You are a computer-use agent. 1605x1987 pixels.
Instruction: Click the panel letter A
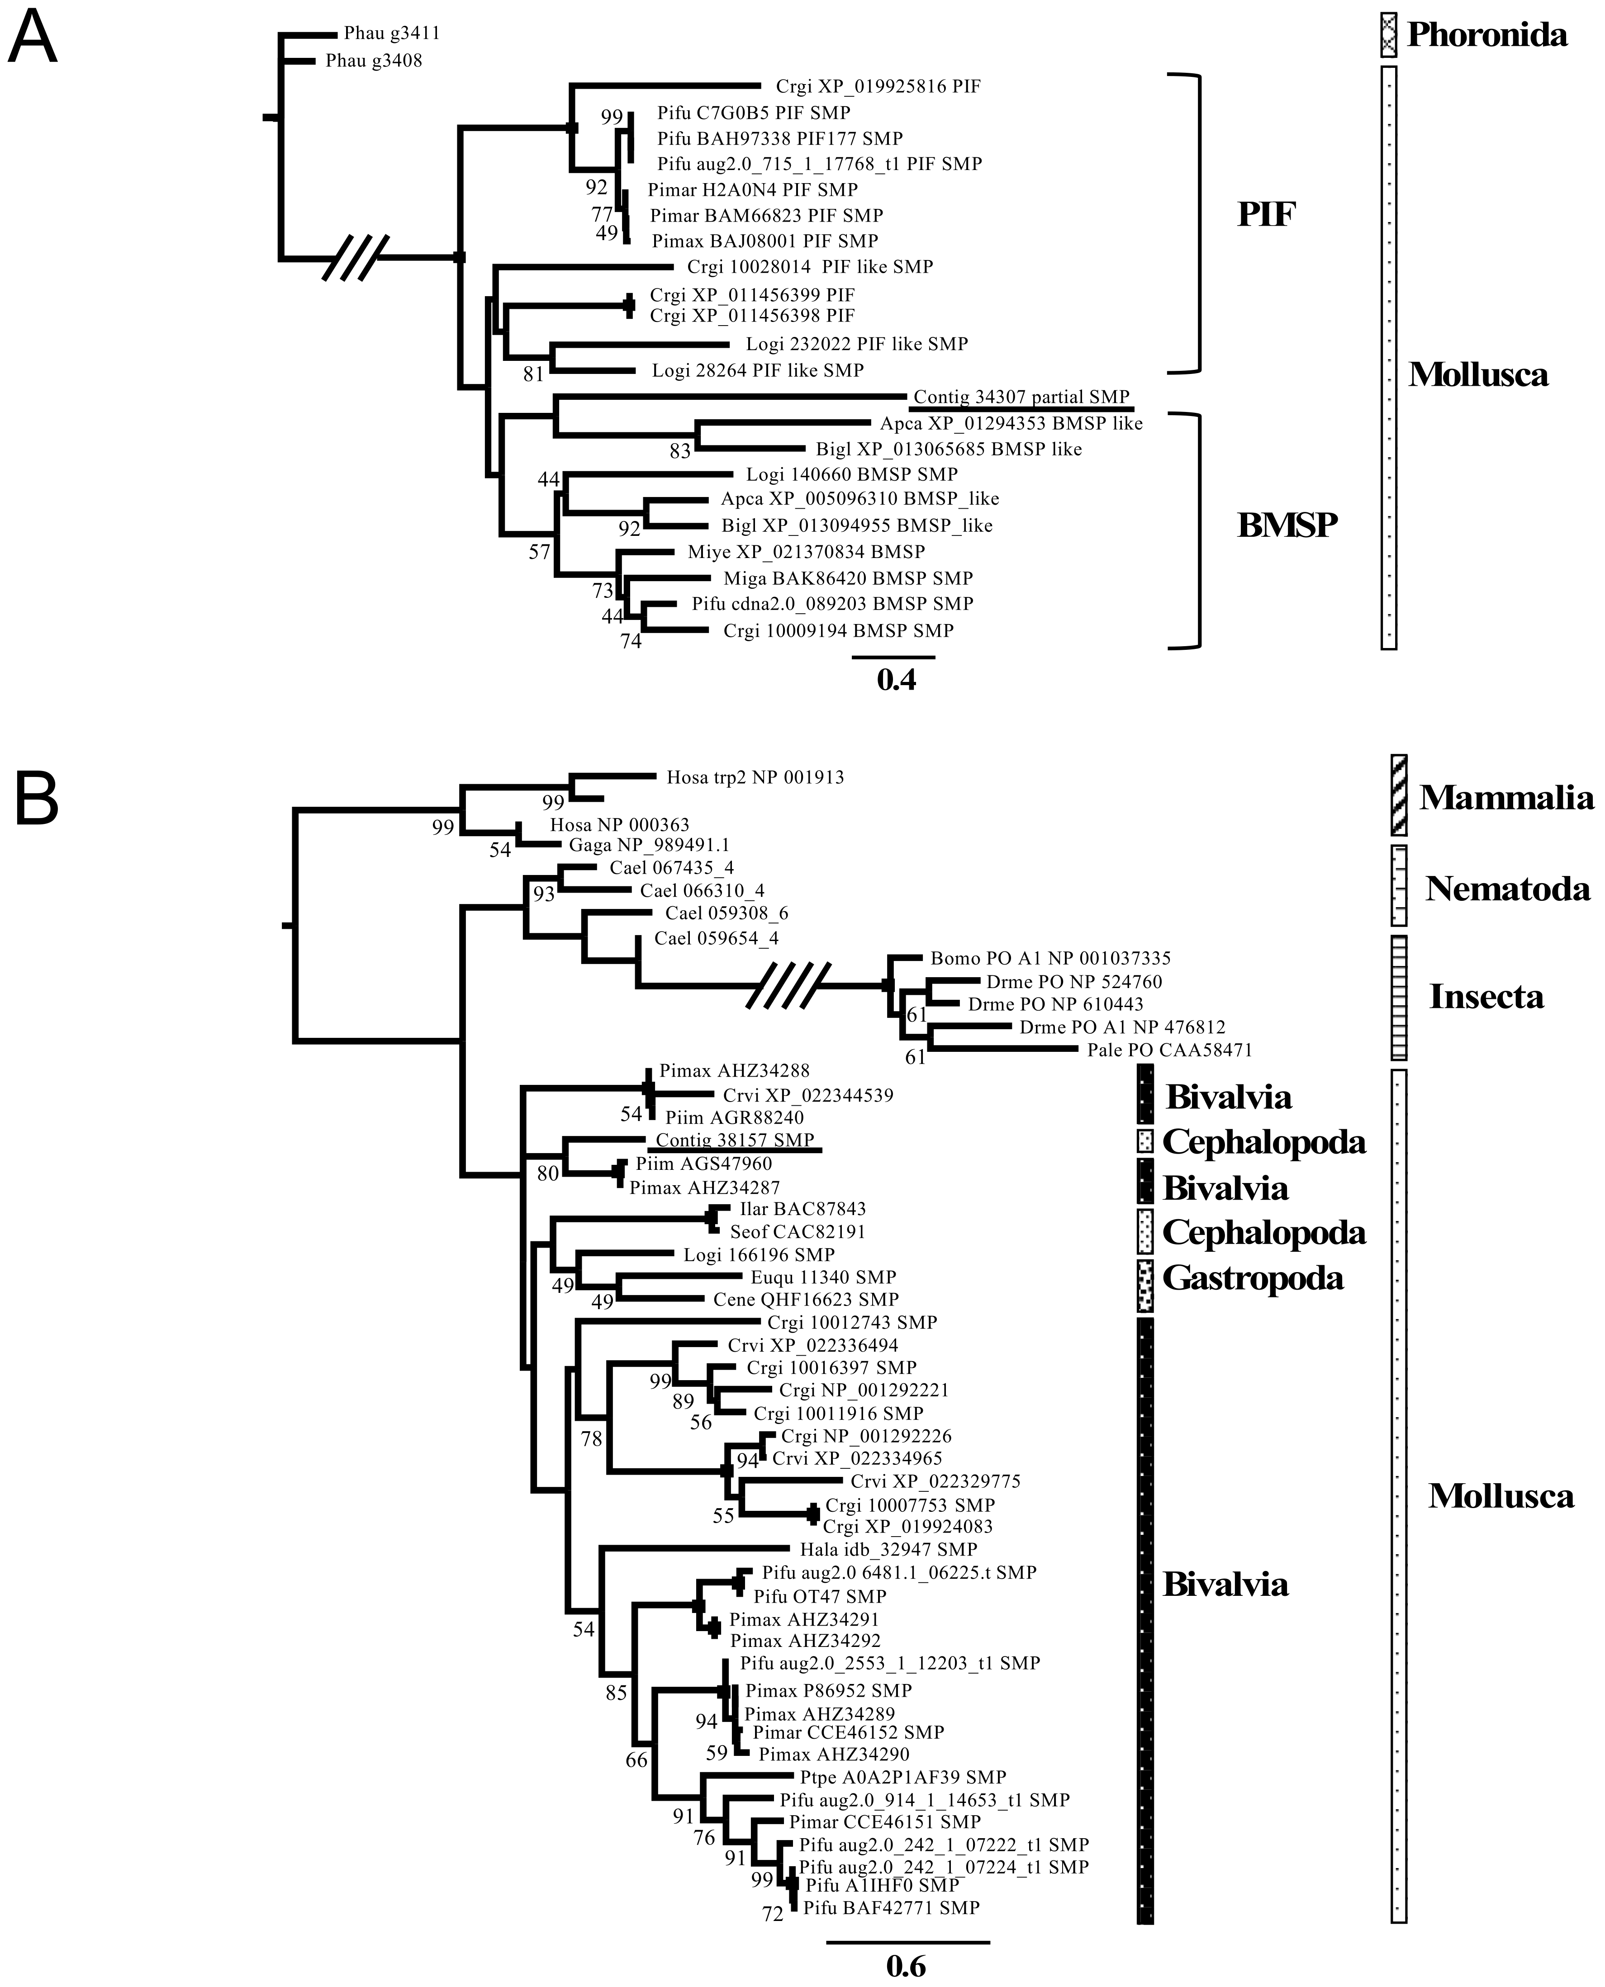[x=33, y=39]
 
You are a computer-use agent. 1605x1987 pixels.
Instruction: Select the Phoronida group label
[x=1486, y=35]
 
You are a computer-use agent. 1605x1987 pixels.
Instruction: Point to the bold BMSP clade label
[x=1287, y=525]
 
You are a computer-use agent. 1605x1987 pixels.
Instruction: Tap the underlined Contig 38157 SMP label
[x=735, y=1140]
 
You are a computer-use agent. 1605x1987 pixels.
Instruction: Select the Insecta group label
[x=1486, y=996]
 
